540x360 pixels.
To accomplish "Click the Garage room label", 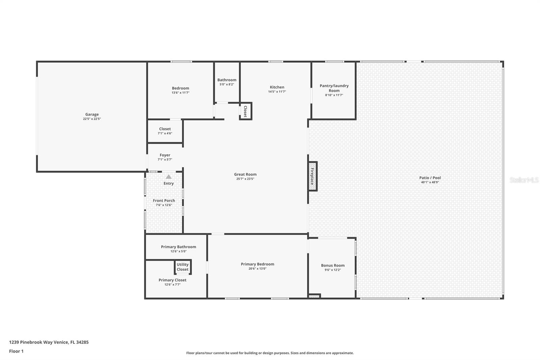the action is [92, 114].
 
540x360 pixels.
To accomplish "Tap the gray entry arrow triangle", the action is [168, 177].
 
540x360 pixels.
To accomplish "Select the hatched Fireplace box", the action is [313, 176].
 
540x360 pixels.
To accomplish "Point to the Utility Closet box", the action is [183, 267].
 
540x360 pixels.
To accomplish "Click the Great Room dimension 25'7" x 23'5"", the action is [245, 179].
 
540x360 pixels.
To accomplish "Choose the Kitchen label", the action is [277, 87].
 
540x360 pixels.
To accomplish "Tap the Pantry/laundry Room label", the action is [334, 88].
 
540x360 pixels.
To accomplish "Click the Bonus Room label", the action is [333, 265].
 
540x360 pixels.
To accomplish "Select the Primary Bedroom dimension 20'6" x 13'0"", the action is [258, 268].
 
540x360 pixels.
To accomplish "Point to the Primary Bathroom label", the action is [179, 247].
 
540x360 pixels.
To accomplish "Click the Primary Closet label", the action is [172, 280].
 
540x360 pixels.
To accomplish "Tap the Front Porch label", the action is [164, 201].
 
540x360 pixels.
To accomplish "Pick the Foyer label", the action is [165, 155].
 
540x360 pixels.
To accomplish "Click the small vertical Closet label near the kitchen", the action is [245, 111].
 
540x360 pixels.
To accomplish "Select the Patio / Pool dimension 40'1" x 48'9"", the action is [430, 182].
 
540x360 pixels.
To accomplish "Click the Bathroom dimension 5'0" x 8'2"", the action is [227, 84].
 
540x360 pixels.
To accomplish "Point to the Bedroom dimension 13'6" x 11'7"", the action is [181, 93].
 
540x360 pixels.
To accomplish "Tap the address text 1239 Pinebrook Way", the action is [32, 342].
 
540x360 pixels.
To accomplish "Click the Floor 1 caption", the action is [17, 351].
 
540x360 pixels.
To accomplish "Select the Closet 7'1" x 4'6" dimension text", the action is [165, 133].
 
